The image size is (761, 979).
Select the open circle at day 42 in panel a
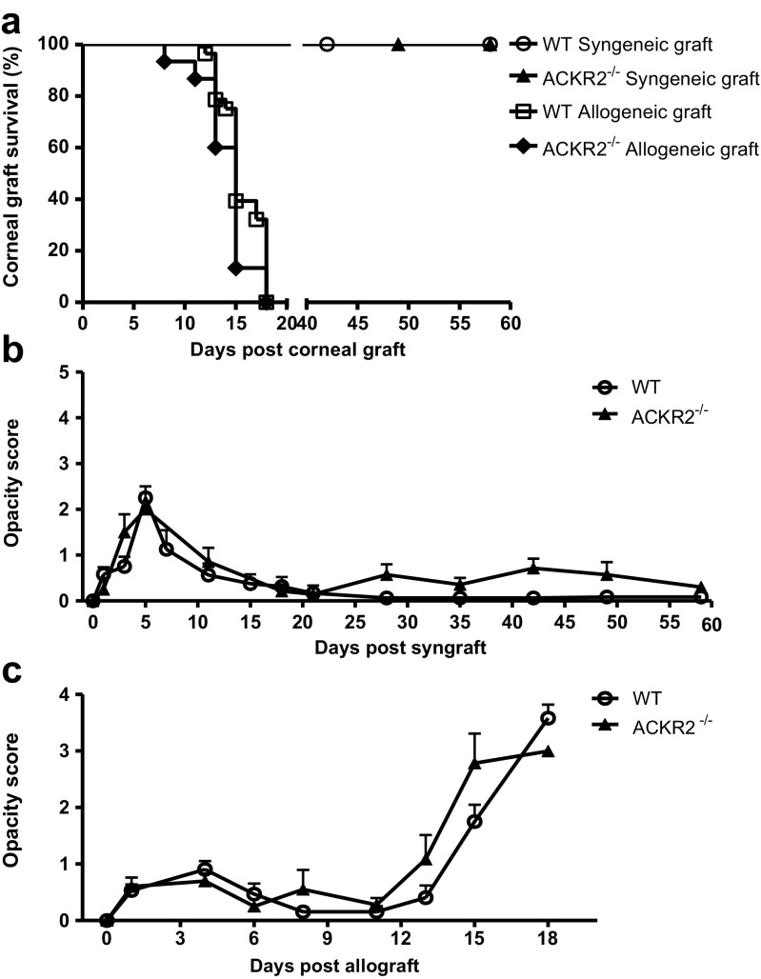click(x=327, y=45)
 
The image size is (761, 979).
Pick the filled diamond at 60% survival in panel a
click(x=215, y=148)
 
